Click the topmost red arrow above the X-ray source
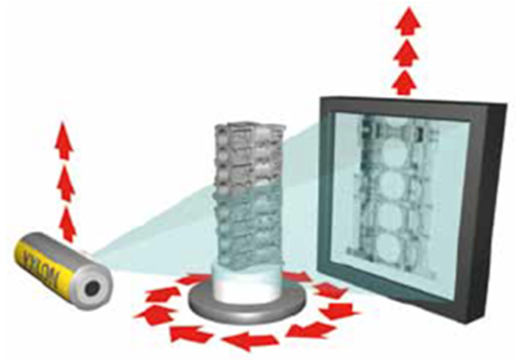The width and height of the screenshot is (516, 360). [x=64, y=139]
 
